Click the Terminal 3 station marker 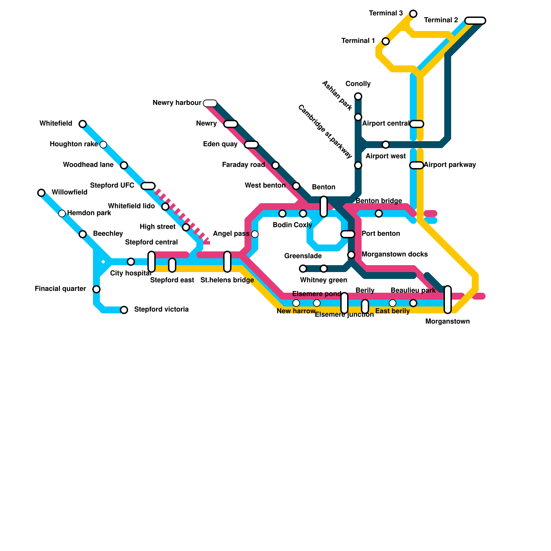tap(413, 14)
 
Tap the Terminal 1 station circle tap(386, 41)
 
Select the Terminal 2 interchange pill tap(475, 21)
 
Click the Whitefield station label tap(56, 123)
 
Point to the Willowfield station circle tap(41, 193)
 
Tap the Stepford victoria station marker tap(124, 310)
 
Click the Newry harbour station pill tap(210, 103)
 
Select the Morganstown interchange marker tap(448, 300)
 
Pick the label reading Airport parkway tap(450, 165)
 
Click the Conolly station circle tap(358, 96)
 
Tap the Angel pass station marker tap(255, 234)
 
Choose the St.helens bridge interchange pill tap(227, 262)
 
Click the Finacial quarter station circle tap(96, 289)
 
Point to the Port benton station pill tap(348, 234)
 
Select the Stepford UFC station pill tap(148, 186)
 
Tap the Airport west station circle tap(386, 145)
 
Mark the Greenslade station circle tap(303, 269)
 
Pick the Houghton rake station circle tap(103, 145)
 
